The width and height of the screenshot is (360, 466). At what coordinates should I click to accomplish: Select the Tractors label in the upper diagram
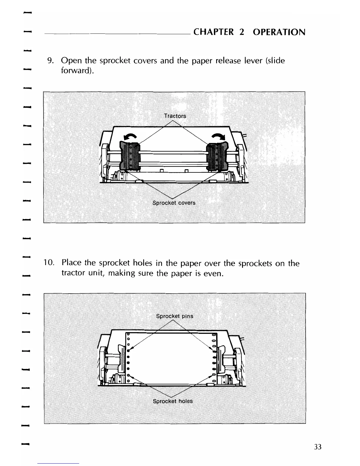coord(175,116)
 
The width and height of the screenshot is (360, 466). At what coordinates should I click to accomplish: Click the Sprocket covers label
coord(174,203)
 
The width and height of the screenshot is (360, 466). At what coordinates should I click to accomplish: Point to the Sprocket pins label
coord(175,316)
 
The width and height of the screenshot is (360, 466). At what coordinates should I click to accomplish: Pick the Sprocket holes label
coord(173,401)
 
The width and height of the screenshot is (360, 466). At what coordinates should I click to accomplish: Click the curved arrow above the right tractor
coord(218,137)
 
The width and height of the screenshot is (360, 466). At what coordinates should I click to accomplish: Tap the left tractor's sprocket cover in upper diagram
coord(129,156)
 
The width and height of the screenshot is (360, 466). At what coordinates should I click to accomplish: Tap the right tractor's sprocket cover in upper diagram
coord(218,156)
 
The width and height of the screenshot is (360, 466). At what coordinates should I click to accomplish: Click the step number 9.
coord(50,61)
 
